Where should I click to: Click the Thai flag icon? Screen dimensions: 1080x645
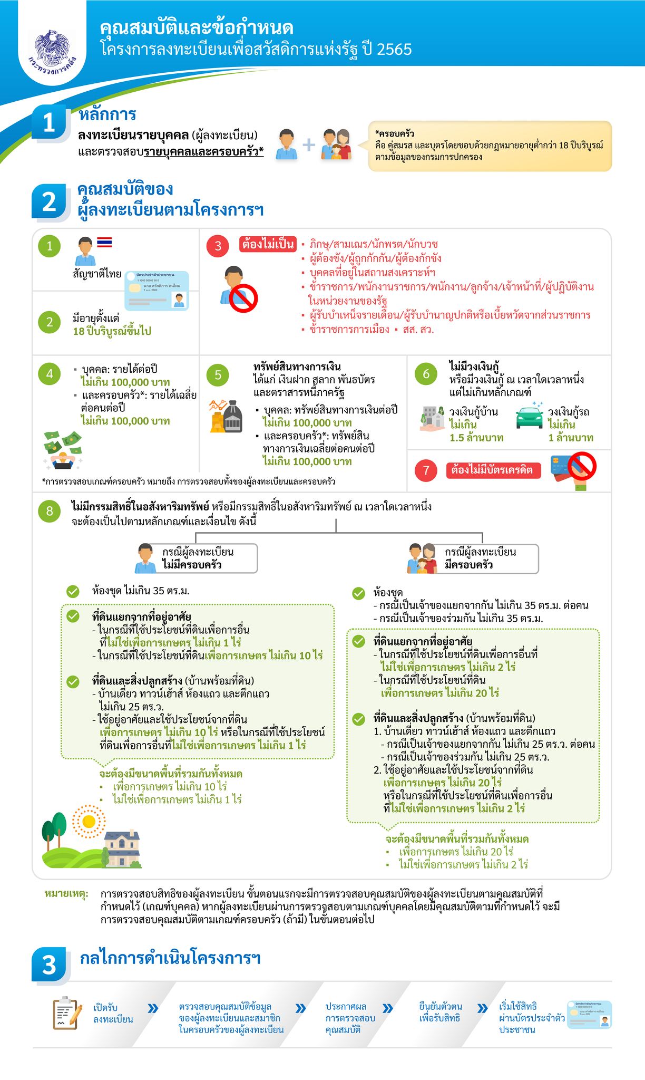pos(104,242)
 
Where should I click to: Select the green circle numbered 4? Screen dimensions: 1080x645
pos(50,374)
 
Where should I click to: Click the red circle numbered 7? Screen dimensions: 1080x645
pos(426,470)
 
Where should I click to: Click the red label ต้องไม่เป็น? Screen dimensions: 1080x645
pos(268,244)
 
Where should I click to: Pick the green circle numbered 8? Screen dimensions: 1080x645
pos(50,510)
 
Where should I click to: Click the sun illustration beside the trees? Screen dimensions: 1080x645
pos(89,821)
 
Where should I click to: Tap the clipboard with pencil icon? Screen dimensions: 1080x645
pos(67,1013)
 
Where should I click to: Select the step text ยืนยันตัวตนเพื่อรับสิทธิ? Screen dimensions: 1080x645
pos(441,1012)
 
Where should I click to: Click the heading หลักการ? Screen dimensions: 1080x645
pos(107,114)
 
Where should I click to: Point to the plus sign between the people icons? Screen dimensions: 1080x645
pos(309,144)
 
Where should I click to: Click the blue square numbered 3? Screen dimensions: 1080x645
pos(50,965)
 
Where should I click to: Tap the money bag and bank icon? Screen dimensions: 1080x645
pos(227,417)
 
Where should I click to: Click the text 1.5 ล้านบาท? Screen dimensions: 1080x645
pos(476,438)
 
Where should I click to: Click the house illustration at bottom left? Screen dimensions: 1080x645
pos(122,848)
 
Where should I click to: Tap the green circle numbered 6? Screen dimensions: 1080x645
pos(426,374)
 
